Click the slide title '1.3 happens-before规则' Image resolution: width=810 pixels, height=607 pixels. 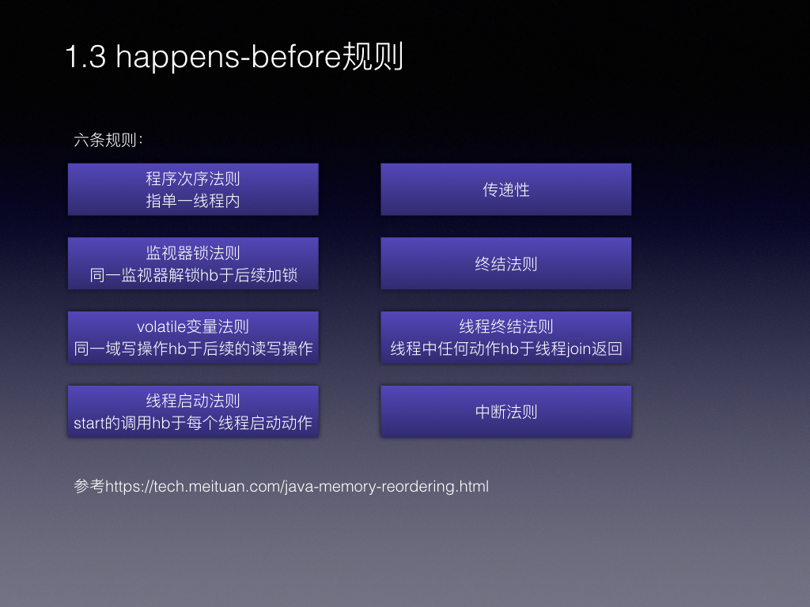[x=234, y=57]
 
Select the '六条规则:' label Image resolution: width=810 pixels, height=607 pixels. [x=108, y=140]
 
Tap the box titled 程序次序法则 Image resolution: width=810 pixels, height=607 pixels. [x=193, y=190]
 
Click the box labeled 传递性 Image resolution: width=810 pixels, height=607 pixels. [x=506, y=190]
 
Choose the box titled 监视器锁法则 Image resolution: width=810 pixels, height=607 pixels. [x=193, y=263]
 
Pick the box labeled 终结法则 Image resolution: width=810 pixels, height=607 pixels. [x=506, y=263]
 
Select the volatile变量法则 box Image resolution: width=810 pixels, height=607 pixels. [x=193, y=337]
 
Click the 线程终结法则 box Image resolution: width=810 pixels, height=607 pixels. [x=506, y=337]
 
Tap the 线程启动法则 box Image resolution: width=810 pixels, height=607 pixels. [x=193, y=411]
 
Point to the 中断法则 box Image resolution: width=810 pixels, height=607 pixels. [x=506, y=411]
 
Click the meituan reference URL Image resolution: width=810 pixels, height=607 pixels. [x=297, y=486]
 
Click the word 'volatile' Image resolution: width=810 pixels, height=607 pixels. [x=161, y=326]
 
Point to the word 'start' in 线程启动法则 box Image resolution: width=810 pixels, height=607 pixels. [x=89, y=424]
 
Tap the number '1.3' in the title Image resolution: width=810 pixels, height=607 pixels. [x=85, y=57]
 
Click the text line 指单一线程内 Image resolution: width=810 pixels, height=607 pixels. [x=193, y=201]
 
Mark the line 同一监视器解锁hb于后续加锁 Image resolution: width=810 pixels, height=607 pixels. [x=193, y=275]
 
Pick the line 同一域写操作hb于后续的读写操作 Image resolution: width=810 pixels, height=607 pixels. [x=193, y=349]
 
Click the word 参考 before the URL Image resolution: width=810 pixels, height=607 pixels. [x=89, y=486]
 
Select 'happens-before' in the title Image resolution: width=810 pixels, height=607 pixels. [x=229, y=58]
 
